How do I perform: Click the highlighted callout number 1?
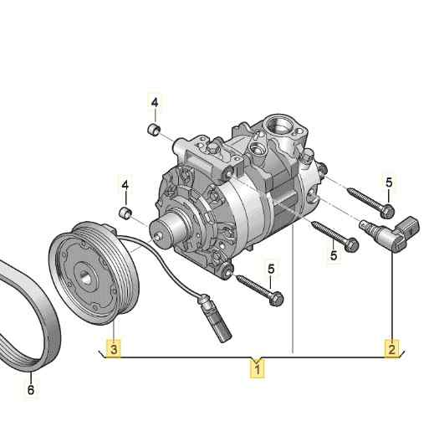(x=257, y=369)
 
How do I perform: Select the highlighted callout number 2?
(x=391, y=349)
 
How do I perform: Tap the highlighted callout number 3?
(x=114, y=349)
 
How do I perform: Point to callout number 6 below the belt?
(x=31, y=390)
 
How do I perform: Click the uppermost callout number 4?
(x=155, y=103)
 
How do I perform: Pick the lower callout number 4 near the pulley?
(x=125, y=185)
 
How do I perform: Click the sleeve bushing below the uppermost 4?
(x=154, y=130)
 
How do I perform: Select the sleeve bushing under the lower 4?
(x=125, y=213)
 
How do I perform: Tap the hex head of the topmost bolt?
(x=387, y=211)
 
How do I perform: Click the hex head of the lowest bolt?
(x=276, y=299)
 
